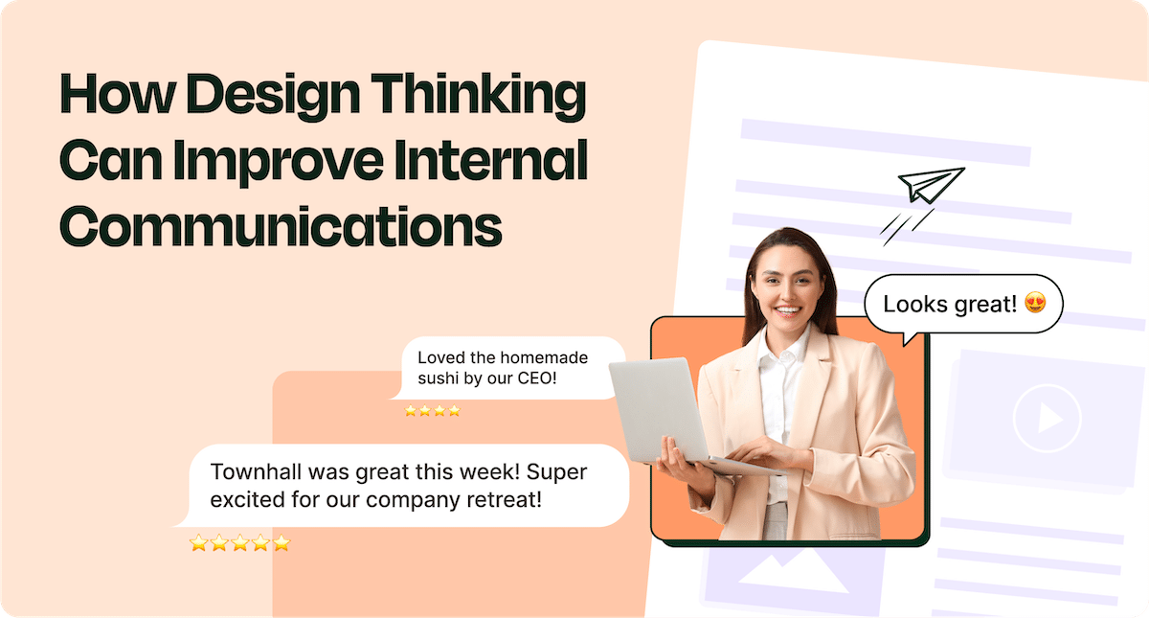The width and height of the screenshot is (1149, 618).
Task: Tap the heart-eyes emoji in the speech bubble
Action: [x=1034, y=305]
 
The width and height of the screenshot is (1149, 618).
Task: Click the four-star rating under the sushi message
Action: [x=433, y=410]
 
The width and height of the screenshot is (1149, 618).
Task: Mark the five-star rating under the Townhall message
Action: [x=239, y=543]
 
